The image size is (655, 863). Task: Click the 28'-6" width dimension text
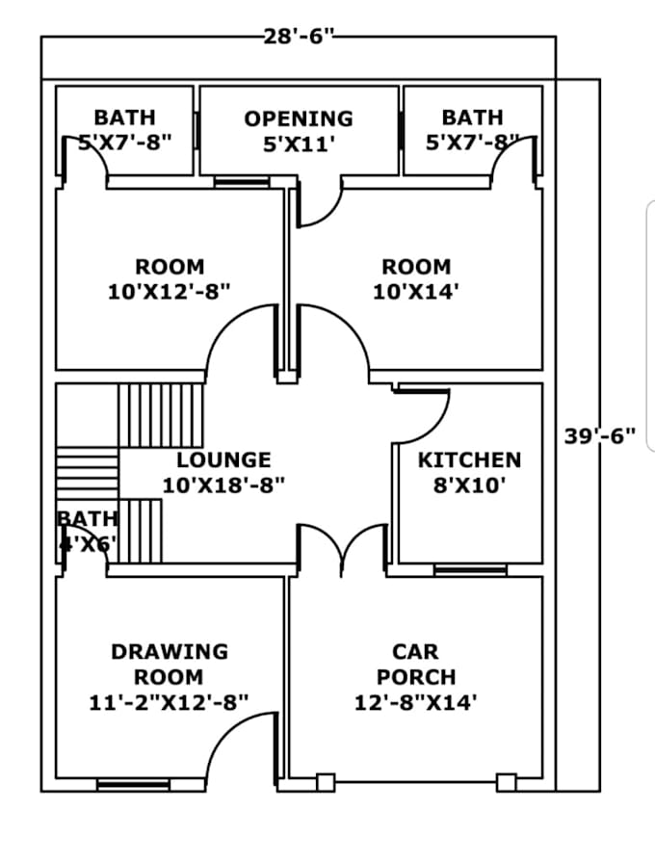298,39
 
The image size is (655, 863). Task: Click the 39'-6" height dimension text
599,435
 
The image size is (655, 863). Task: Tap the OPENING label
299,118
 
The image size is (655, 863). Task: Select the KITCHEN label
469,460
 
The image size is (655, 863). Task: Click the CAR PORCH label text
415,665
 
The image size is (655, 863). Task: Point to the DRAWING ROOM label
170,665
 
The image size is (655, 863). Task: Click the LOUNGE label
223,460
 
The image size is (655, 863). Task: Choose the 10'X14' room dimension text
415,291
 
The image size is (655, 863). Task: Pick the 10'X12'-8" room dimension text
170,291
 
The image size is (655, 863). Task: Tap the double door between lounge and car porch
341,549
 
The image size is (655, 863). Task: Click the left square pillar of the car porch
326,782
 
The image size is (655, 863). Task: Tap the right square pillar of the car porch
506,782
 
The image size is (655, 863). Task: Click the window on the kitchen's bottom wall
470,571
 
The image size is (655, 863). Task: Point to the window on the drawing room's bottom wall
133,785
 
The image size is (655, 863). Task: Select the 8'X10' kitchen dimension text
469,485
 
